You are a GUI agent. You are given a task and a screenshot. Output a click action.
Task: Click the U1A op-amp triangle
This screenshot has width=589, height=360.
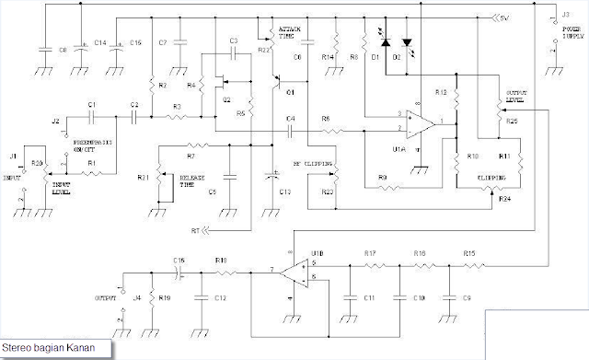420,122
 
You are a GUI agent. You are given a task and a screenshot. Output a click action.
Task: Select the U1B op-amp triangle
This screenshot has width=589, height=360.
295,272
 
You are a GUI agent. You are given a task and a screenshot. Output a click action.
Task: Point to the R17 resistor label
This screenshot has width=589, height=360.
370,252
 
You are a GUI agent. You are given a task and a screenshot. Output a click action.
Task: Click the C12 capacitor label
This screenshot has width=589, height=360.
220,299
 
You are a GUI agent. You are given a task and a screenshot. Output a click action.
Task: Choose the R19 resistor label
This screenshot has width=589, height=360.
166,299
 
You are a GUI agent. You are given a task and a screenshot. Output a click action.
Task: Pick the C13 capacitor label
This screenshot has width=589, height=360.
285,192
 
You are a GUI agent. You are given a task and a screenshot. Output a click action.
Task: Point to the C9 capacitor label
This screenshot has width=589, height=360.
468,299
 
